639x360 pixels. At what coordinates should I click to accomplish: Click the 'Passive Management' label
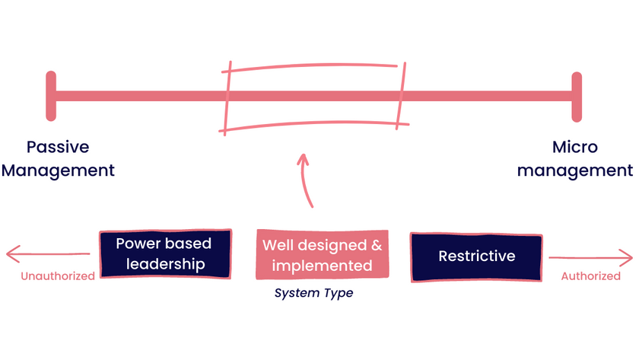coord(58,158)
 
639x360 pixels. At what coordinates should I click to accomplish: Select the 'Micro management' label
coord(575,158)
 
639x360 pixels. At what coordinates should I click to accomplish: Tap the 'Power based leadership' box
coord(164,254)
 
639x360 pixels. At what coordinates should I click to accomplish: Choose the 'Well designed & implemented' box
coord(323,255)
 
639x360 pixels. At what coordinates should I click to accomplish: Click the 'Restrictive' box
coord(476,256)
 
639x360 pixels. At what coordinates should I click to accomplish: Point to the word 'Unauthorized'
coord(58,276)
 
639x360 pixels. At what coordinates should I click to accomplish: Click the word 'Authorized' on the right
coord(590,276)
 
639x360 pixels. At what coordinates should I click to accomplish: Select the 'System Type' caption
coord(313,293)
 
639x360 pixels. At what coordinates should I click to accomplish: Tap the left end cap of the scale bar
coord(51,96)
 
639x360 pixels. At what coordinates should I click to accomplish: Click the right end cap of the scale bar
coord(577,96)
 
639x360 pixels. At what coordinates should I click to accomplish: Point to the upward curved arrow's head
coord(303,159)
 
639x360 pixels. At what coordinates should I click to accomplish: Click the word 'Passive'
coord(58,147)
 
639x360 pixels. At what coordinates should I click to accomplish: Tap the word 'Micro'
coord(575,147)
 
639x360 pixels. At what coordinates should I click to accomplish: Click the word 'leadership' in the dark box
coord(166,265)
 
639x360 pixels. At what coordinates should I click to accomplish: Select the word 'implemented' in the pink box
coord(323,266)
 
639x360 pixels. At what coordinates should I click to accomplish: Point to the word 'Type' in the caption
coord(337,293)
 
